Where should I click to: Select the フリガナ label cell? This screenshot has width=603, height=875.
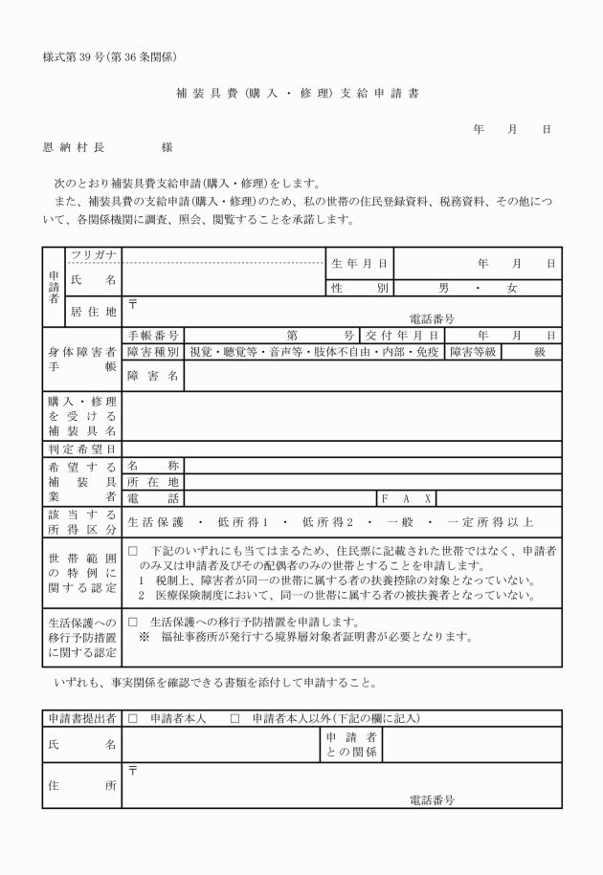pos(94,254)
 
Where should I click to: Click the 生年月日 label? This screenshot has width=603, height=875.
pos(359,262)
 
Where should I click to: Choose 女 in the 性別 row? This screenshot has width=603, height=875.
pos(512,287)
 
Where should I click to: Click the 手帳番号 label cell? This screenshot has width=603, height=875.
pos(153,335)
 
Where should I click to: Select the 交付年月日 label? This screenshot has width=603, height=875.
pos(400,335)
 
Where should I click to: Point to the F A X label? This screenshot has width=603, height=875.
pos(407,498)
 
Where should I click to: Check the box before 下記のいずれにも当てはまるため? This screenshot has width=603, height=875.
pos(133,552)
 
